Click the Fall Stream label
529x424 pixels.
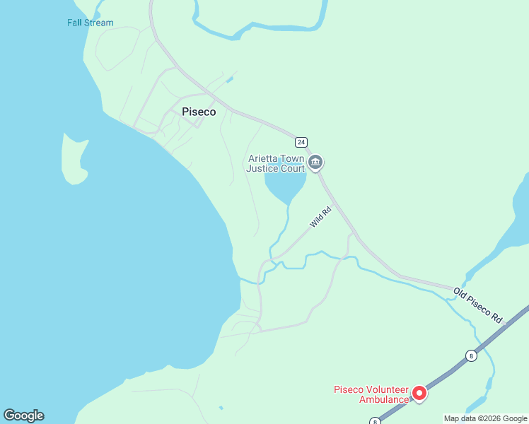[x=90, y=23]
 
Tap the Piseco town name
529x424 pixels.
[x=199, y=112]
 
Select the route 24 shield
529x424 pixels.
[x=301, y=141]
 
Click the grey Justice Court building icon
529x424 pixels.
[x=315, y=163]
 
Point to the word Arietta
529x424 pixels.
[x=264, y=159]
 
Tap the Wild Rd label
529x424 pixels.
[x=320, y=217]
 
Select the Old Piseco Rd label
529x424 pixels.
[x=478, y=306]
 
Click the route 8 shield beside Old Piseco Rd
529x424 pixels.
[x=471, y=355]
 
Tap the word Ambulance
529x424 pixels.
[x=383, y=399]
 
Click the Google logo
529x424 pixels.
[x=23, y=416]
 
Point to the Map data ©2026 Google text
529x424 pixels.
[x=485, y=418]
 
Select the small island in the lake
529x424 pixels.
[x=74, y=158]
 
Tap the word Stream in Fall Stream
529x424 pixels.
[x=99, y=23]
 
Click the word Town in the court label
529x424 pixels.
[x=293, y=159]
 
